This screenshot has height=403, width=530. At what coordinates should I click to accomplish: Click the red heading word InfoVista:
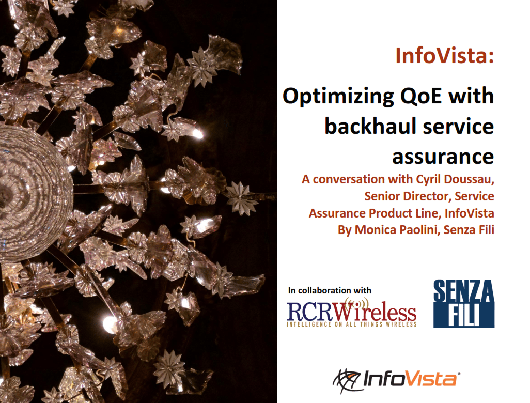point(444,55)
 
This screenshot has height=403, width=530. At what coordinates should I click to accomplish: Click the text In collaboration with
point(330,290)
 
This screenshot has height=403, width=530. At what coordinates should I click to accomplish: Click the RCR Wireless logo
point(351,312)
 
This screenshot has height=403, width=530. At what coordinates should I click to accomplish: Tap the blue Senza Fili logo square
point(463,303)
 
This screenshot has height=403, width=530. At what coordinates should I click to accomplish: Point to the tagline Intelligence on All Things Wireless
point(351,324)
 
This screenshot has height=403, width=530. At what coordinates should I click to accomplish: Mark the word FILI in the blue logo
point(463,316)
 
